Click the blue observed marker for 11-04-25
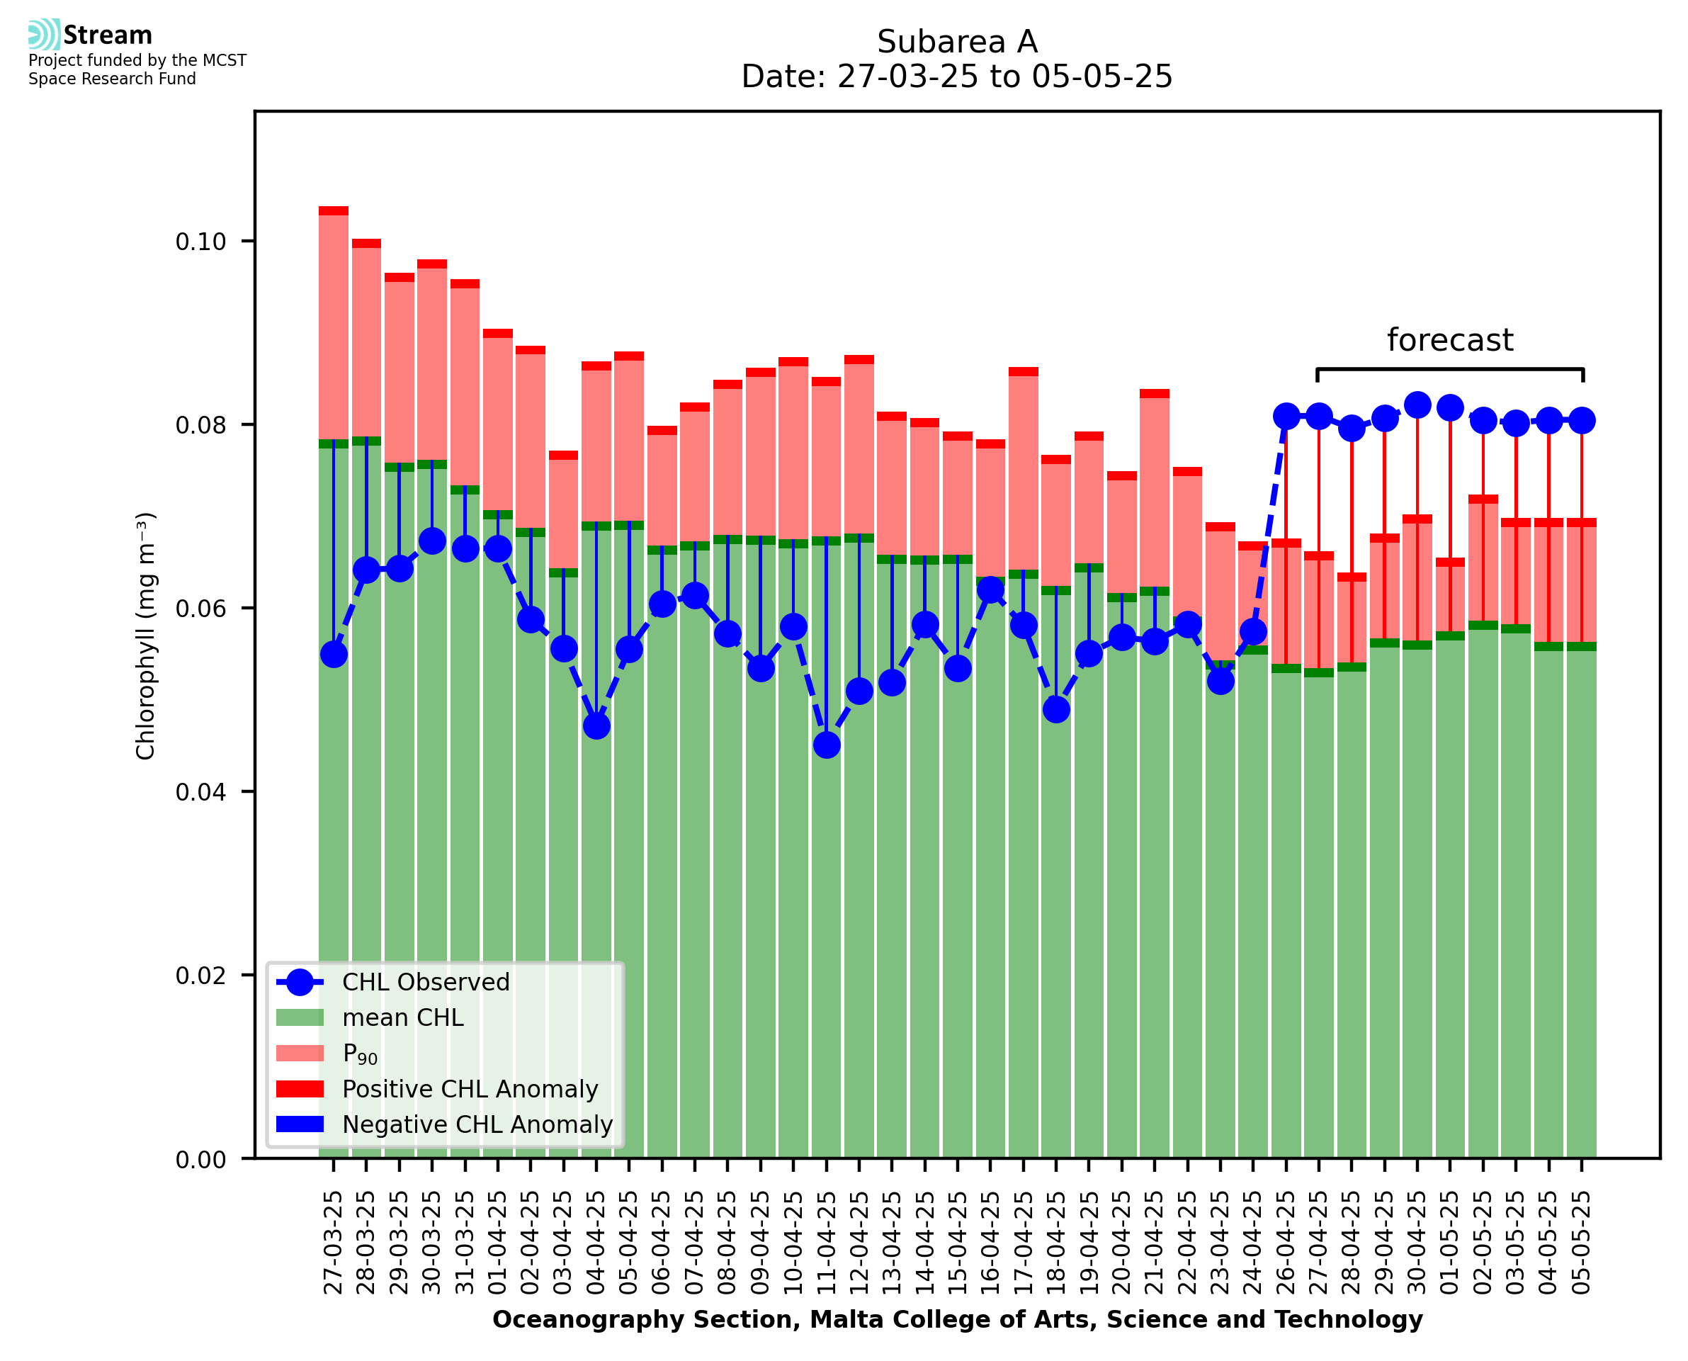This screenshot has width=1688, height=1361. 826,745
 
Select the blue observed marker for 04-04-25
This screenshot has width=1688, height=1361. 596,726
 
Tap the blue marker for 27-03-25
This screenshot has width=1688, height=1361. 334,655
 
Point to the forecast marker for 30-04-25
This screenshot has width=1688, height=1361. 1417,405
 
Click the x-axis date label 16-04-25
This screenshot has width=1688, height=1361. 990,1242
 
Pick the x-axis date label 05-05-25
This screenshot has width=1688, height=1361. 1582,1242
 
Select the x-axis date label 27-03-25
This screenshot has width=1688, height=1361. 334,1242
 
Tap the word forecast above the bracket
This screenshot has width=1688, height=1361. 1450,340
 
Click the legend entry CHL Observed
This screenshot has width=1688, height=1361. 426,983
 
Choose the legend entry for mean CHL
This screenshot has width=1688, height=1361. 403,1017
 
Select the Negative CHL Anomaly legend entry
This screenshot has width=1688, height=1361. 477,1124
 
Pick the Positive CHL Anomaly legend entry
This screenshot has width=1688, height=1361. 470,1089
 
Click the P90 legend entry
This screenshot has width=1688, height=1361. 361,1054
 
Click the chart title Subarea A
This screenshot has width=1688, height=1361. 957,42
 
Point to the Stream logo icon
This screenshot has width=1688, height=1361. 44,35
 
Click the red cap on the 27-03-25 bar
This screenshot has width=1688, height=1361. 334,211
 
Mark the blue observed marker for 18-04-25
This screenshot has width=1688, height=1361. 1055,709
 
